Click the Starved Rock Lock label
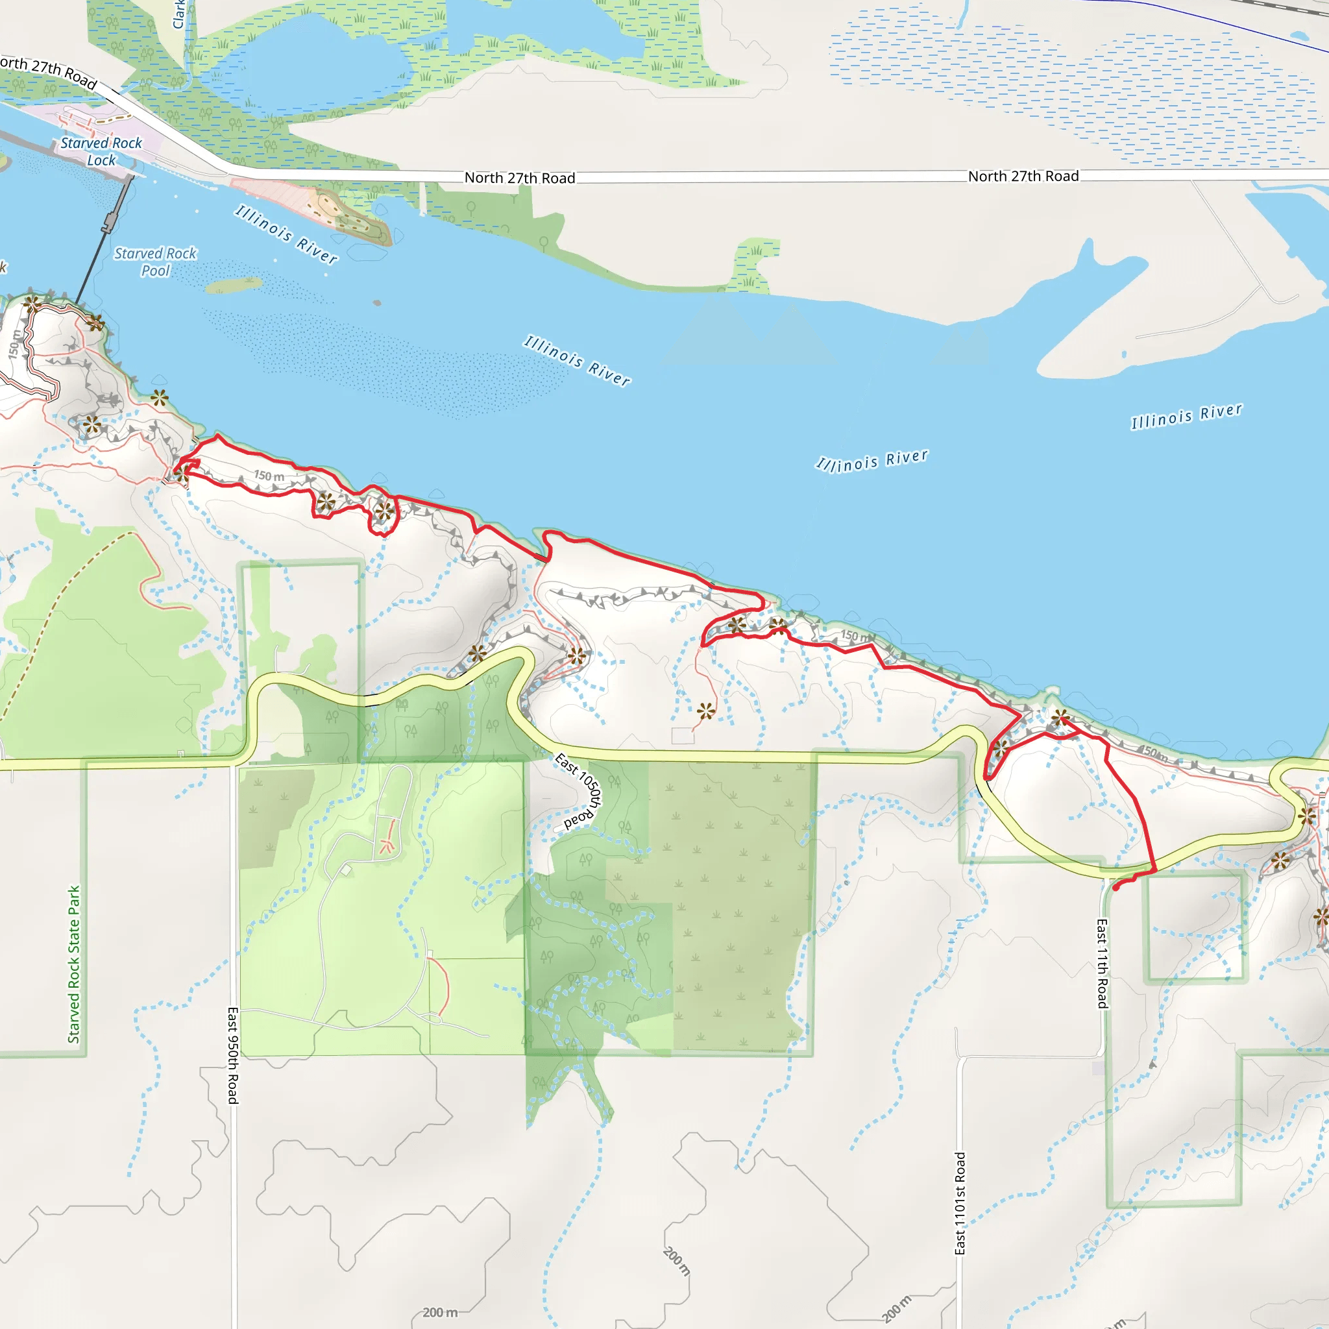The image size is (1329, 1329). point(101,151)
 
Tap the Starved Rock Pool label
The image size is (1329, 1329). point(156,262)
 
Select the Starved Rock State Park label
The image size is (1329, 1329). point(73,964)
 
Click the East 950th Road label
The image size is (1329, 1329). point(233,1055)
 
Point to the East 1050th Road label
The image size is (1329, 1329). point(579,790)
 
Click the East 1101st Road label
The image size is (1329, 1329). point(960,1203)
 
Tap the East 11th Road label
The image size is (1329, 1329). point(1102,963)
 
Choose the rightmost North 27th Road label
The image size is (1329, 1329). point(1023,176)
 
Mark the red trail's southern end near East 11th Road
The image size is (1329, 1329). point(1115,888)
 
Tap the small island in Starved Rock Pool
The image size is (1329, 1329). point(233,284)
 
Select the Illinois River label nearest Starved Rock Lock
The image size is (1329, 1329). point(286,234)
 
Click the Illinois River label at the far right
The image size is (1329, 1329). point(1187,415)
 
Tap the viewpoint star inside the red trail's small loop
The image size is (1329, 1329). point(384,511)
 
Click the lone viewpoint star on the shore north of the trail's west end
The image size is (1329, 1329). point(160,397)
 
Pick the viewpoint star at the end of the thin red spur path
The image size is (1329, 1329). point(706,711)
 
